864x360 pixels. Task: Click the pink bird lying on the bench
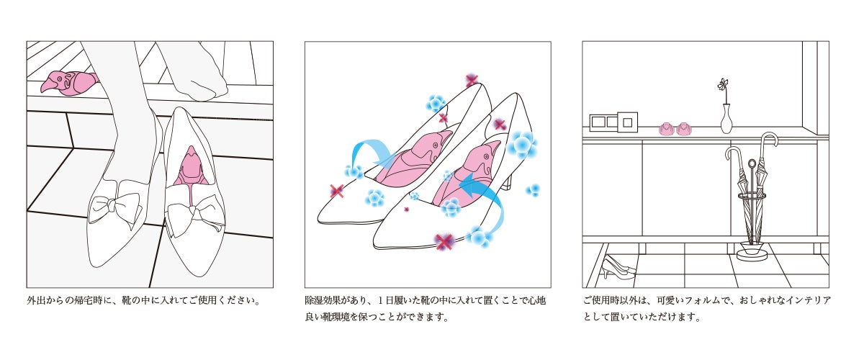(69, 83)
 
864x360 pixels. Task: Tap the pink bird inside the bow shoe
(191, 168)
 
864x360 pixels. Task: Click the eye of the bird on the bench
(59, 79)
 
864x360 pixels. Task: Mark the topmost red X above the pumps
(472, 81)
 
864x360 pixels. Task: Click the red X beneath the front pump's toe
(444, 242)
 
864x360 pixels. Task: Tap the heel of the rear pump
(509, 181)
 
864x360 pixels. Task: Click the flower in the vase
(724, 85)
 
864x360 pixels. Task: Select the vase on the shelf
(726, 119)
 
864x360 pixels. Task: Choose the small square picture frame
(628, 122)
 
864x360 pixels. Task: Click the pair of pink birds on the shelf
(675, 129)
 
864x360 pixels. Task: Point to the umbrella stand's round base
(752, 255)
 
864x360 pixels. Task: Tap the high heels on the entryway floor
(618, 267)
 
